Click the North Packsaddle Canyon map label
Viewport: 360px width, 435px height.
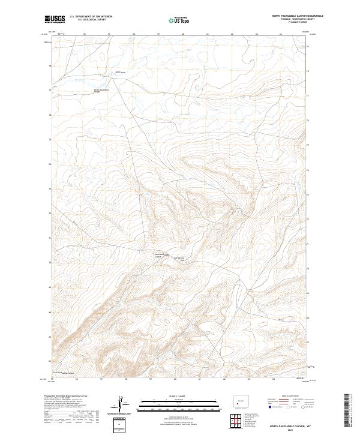pos(101,91)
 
